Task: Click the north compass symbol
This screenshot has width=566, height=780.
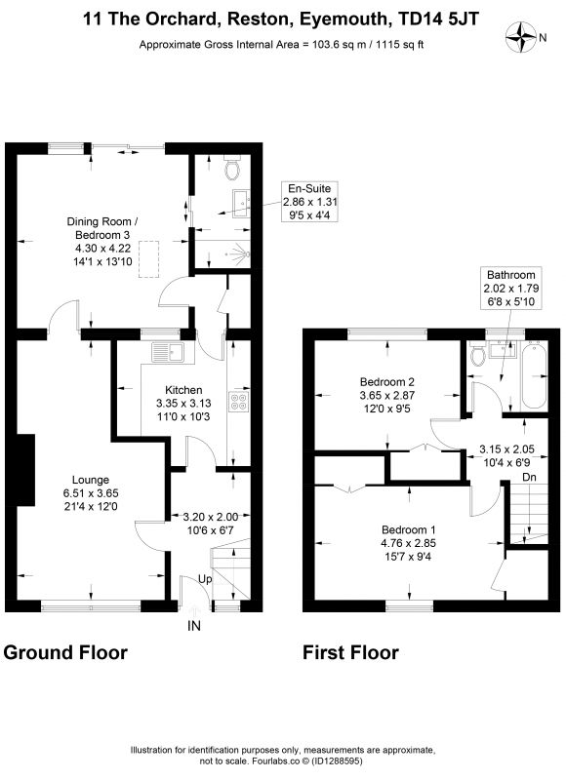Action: [521, 37]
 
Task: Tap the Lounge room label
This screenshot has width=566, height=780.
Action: [91, 480]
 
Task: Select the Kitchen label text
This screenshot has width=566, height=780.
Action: [183, 390]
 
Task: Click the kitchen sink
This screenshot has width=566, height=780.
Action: [168, 352]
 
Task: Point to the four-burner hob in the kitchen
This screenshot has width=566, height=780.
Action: [239, 402]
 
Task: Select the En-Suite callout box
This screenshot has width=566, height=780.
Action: [309, 202]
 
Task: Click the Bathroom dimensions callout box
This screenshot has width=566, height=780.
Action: [510, 288]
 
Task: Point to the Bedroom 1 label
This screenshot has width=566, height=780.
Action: [409, 529]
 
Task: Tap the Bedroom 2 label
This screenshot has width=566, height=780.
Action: [386, 382]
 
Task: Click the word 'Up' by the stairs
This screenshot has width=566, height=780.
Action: [205, 579]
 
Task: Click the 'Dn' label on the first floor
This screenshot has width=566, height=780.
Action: [529, 477]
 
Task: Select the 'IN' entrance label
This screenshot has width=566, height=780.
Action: [194, 626]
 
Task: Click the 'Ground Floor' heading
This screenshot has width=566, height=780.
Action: [65, 652]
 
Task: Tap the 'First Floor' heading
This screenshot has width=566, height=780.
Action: [351, 652]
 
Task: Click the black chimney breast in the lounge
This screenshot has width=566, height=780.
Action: [26, 470]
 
